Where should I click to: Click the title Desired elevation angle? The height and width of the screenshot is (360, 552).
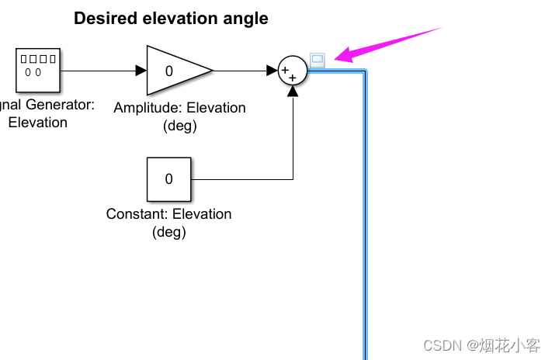click(x=171, y=19)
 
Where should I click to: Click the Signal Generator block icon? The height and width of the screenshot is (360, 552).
click(x=38, y=69)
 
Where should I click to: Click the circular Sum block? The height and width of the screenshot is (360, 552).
click(x=293, y=71)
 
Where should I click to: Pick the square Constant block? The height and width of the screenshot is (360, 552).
click(x=168, y=179)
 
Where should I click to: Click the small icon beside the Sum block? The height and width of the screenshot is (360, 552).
click(x=317, y=58)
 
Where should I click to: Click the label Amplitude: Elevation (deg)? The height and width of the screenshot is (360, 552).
click(x=179, y=116)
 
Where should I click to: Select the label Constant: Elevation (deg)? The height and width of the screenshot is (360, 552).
click(x=168, y=223)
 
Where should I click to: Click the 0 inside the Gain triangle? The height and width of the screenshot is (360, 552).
click(x=168, y=71)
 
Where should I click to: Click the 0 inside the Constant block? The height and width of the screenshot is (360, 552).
click(x=168, y=179)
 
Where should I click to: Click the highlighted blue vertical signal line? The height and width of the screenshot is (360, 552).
click(x=364, y=217)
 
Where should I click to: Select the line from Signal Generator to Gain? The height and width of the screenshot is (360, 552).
click(x=101, y=71)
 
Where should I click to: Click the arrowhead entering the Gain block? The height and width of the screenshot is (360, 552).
click(x=141, y=71)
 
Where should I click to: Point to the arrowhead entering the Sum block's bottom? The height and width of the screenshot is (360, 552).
click(x=293, y=91)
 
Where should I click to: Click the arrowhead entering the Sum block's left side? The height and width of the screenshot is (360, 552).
click(x=273, y=71)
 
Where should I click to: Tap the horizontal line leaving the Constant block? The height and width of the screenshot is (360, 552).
click(x=241, y=180)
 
